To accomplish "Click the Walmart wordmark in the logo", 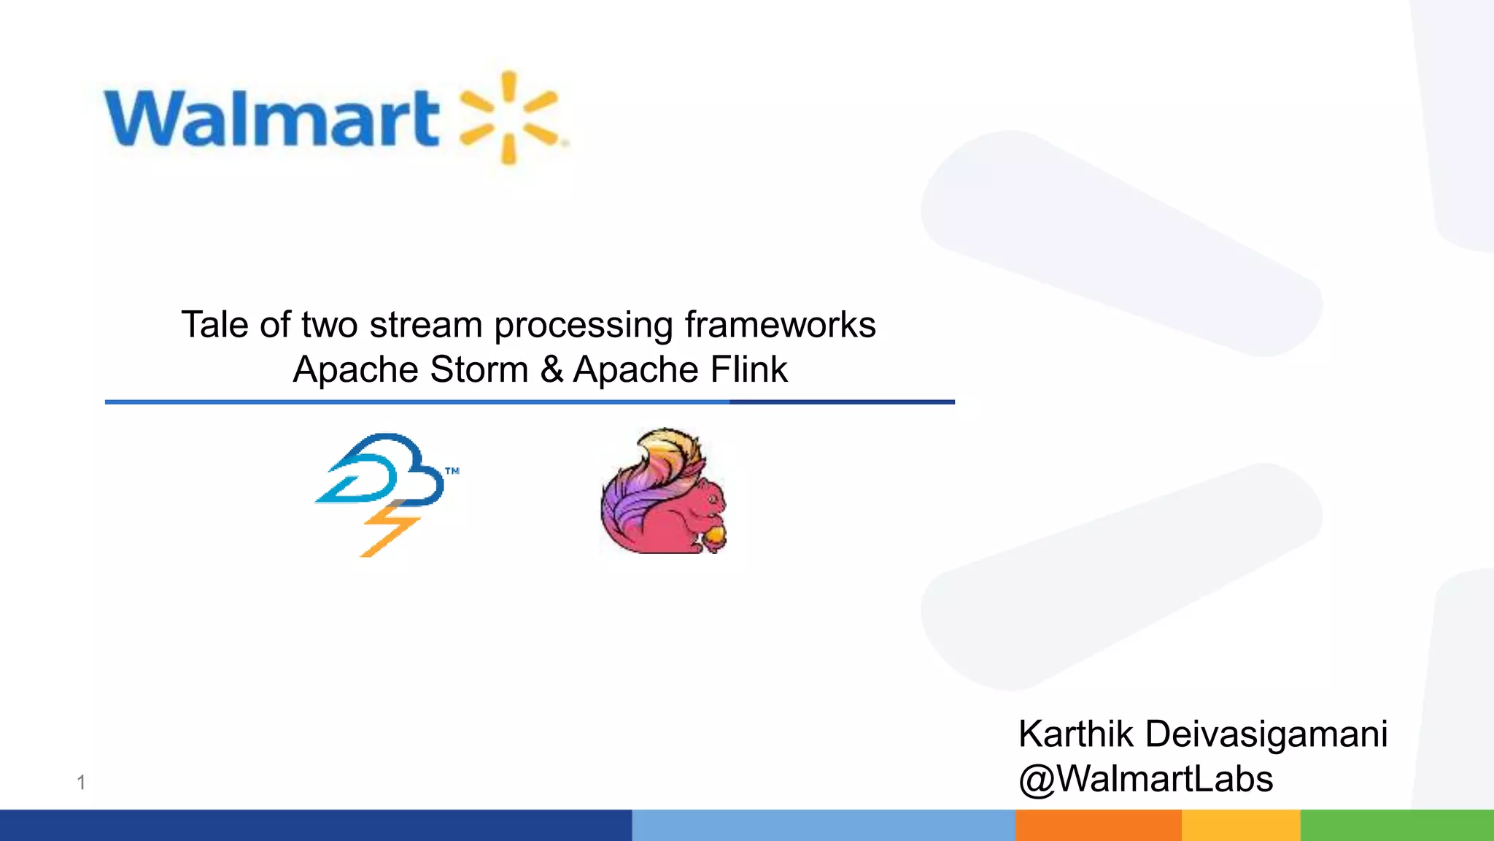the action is pyautogui.click(x=271, y=118).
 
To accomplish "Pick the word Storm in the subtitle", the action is pyautogui.click(x=479, y=369).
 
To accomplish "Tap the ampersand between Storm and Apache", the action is pyautogui.click(x=551, y=369).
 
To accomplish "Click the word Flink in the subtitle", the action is pyautogui.click(x=749, y=369).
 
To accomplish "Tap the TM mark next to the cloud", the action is pyautogui.click(x=452, y=471).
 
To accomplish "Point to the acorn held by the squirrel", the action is pyautogui.click(x=713, y=538).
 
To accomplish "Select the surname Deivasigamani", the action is pyautogui.click(x=1266, y=734).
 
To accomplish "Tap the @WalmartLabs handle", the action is pyautogui.click(x=1145, y=779).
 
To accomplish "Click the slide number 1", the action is pyautogui.click(x=81, y=783).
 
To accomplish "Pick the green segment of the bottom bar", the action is pyautogui.click(x=1396, y=825).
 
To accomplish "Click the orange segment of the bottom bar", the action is pyautogui.click(x=1098, y=825).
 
